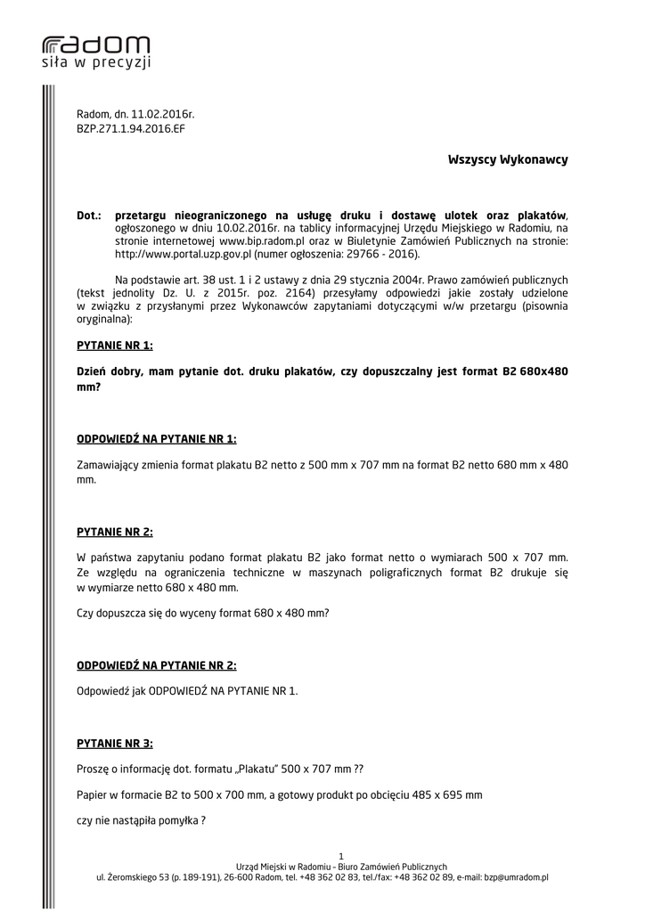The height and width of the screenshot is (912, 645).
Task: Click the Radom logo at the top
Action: (x=96, y=52)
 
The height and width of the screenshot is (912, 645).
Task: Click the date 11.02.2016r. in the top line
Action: (x=163, y=115)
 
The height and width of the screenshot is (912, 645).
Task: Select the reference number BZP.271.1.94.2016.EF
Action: (x=131, y=128)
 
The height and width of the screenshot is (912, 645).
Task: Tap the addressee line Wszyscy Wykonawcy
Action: (x=508, y=159)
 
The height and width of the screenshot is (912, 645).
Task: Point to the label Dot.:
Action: (x=89, y=216)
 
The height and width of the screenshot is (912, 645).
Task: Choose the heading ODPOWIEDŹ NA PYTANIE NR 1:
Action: (x=157, y=439)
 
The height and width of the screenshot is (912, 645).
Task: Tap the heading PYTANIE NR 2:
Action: (x=115, y=533)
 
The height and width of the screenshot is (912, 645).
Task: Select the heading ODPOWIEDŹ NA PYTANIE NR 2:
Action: (x=157, y=665)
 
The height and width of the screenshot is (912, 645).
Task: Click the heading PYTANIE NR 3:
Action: (x=115, y=743)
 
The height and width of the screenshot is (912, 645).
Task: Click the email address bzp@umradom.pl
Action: (x=516, y=877)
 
